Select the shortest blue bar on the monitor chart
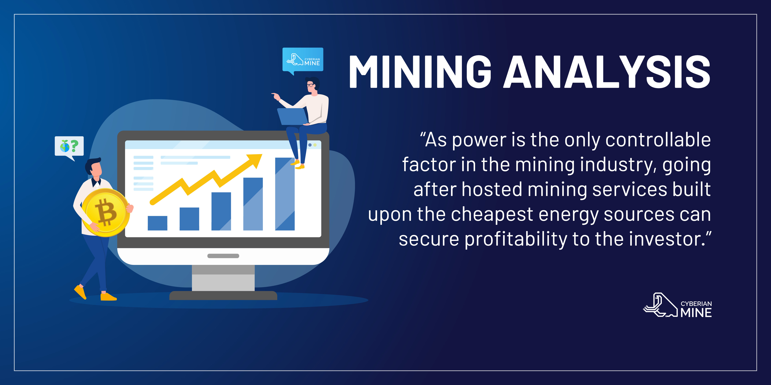click(157, 223)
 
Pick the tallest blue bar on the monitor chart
click(285, 194)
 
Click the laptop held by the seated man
click(293, 116)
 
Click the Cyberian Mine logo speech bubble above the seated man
click(303, 60)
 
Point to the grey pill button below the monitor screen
click(223, 256)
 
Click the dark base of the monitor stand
click(223, 296)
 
